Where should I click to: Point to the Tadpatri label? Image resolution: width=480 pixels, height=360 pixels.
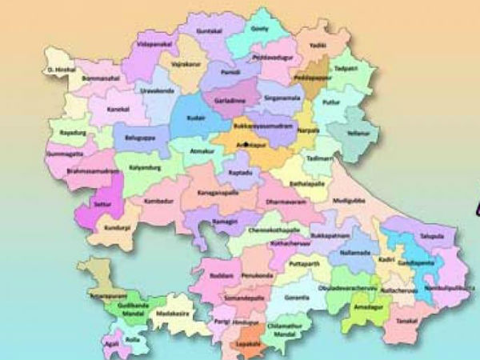pos(346,69)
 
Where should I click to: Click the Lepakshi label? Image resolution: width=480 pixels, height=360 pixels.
pos(252,343)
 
